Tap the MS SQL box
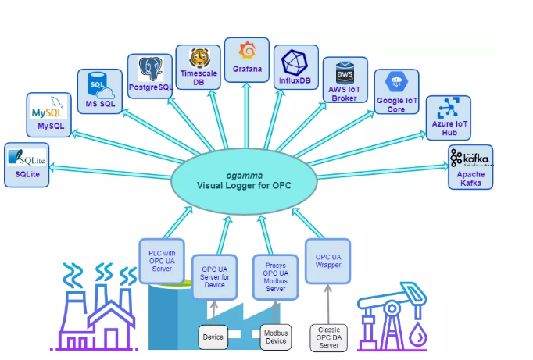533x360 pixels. [x=99, y=91]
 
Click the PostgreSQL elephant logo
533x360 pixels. [x=150, y=69]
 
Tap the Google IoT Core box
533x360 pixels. [x=396, y=91]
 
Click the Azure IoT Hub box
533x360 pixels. [x=448, y=117]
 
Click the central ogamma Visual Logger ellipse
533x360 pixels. [x=245, y=179]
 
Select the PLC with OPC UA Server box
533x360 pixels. [x=161, y=259]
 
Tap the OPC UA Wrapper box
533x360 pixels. [x=327, y=259]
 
